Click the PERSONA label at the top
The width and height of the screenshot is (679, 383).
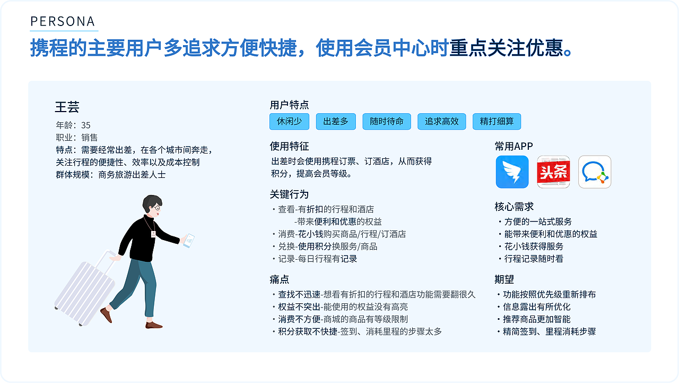pyautogui.click(x=63, y=21)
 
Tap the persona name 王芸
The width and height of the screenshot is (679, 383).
pyautogui.click(x=67, y=107)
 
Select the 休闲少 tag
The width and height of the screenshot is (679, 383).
pyautogui.click(x=289, y=122)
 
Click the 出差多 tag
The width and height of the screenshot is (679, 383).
pyautogui.click(x=336, y=122)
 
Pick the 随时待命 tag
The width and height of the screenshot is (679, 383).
pyautogui.click(x=387, y=122)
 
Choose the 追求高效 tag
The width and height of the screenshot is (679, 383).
pyautogui.click(x=441, y=122)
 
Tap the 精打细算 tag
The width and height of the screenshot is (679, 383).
pyautogui.click(x=497, y=122)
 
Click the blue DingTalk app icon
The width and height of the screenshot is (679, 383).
pyautogui.click(x=512, y=172)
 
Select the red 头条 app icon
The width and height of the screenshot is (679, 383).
pyautogui.click(x=553, y=172)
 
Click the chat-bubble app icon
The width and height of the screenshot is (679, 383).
pyautogui.click(x=595, y=172)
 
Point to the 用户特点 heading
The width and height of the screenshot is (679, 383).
pyautogui.click(x=289, y=105)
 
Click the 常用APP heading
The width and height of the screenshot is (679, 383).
pyautogui.click(x=513, y=146)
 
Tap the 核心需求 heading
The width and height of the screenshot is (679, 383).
pyautogui.click(x=514, y=207)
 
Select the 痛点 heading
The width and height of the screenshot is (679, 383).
pyautogui.click(x=280, y=279)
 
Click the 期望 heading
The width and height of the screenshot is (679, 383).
pyautogui.click(x=504, y=279)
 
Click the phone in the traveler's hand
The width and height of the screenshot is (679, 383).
pyautogui.click(x=188, y=240)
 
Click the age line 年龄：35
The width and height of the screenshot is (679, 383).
pyautogui.click(x=73, y=125)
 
